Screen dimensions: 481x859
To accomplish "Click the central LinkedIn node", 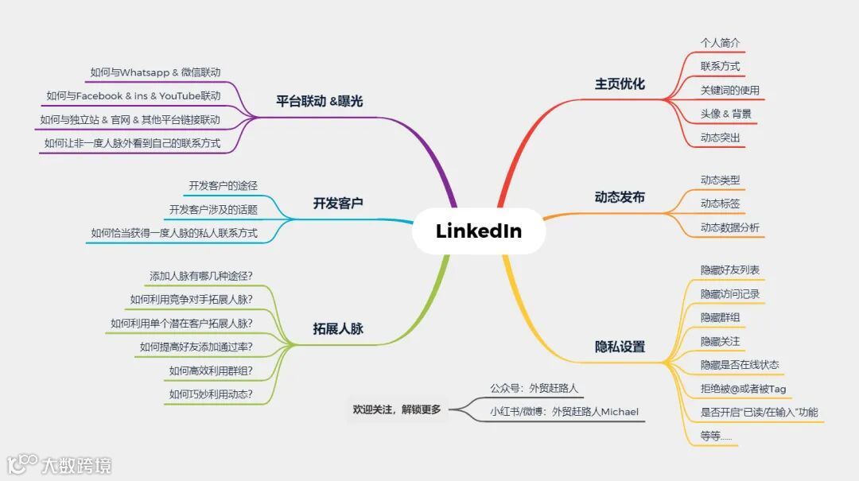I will pos(479,231).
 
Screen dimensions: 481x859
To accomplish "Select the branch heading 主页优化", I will pos(620,83).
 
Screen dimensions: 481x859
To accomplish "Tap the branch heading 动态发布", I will pos(620,197).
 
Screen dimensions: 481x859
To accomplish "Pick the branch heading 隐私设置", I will pos(620,347).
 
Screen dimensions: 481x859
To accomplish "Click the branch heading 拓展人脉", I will pos(338,328).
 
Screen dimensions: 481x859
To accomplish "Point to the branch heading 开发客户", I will pos(338,204).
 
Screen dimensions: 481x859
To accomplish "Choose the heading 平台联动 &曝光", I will pos(319,101).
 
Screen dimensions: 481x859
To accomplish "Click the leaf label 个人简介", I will pos(721,42).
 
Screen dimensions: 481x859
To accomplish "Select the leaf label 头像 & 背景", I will pos(725,114).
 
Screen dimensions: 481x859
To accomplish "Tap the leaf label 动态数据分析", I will pos(729,228).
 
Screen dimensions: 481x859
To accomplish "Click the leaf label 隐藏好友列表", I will pos(729,270).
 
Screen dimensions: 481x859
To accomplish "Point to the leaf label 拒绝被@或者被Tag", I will pos(743,389).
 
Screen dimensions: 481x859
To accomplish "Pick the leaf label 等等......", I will pos(715,436).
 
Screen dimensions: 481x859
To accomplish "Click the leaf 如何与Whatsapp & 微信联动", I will pos(155,72).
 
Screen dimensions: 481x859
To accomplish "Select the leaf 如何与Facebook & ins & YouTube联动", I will pos(133,96).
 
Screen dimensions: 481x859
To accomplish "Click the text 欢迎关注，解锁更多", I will pos(396,410).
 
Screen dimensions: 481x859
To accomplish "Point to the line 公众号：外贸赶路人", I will pos(534,389).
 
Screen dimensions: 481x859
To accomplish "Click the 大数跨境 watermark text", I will pos(76,465).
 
